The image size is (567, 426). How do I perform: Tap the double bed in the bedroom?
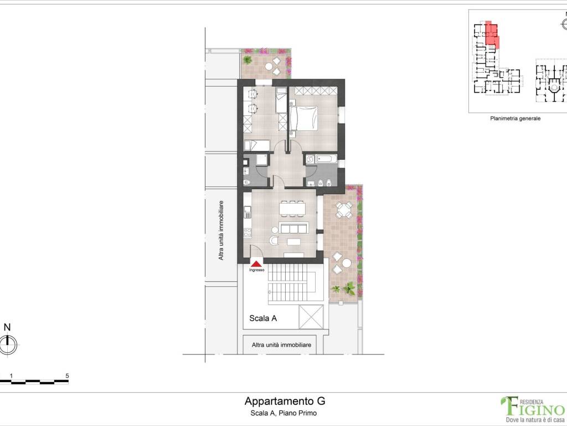click(x=303, y=118)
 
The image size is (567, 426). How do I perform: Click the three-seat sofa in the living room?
click(x=294, y=229)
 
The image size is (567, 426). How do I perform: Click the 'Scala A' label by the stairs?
click(x=263, y=318)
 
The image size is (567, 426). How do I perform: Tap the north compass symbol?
click(x=7, y=344)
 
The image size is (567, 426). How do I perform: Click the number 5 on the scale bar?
click(x=67, y=376)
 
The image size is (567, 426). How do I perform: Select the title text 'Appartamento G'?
click(x=285, y=401)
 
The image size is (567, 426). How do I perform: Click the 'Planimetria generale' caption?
click(x=515, y=118)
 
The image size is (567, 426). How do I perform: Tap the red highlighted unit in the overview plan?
click(x=491, y=34)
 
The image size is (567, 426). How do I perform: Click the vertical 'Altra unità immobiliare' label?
click(x=221, y=230)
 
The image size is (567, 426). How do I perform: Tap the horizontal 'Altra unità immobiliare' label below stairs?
click(x=281, y=345)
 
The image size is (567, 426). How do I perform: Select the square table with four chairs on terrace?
click(x=344, y=210)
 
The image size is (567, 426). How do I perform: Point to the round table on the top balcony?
click(x=269, y=67)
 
